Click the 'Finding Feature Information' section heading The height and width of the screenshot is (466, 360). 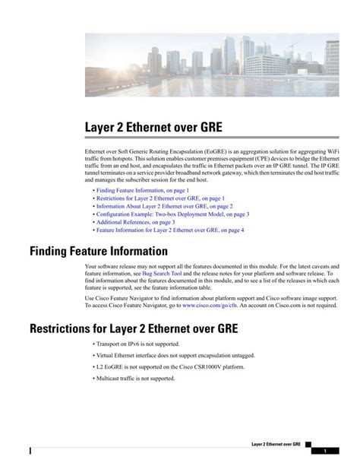click(98, 251)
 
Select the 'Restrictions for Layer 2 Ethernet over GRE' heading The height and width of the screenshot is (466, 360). click(134, 328)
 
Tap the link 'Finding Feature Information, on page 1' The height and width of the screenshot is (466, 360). click(143, 189)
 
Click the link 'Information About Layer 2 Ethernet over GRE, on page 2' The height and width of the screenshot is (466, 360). click(164, 206)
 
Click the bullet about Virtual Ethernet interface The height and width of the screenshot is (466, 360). click(175, 355)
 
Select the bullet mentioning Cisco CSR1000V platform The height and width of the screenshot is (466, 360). click(170, 366)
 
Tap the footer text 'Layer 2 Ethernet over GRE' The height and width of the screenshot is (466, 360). click(276, 443)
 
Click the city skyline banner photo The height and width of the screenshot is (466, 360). click(212, 64)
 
